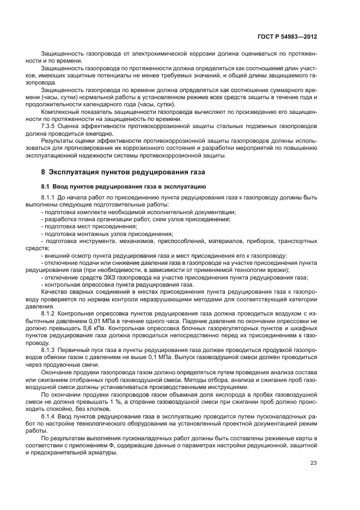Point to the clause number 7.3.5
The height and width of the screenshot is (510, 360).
[x=50, y=125]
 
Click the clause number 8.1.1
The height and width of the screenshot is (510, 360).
[x=50, y=196]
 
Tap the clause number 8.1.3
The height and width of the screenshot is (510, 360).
[x=50, y=350]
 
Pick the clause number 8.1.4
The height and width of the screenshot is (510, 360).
[x=50, y=416]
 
